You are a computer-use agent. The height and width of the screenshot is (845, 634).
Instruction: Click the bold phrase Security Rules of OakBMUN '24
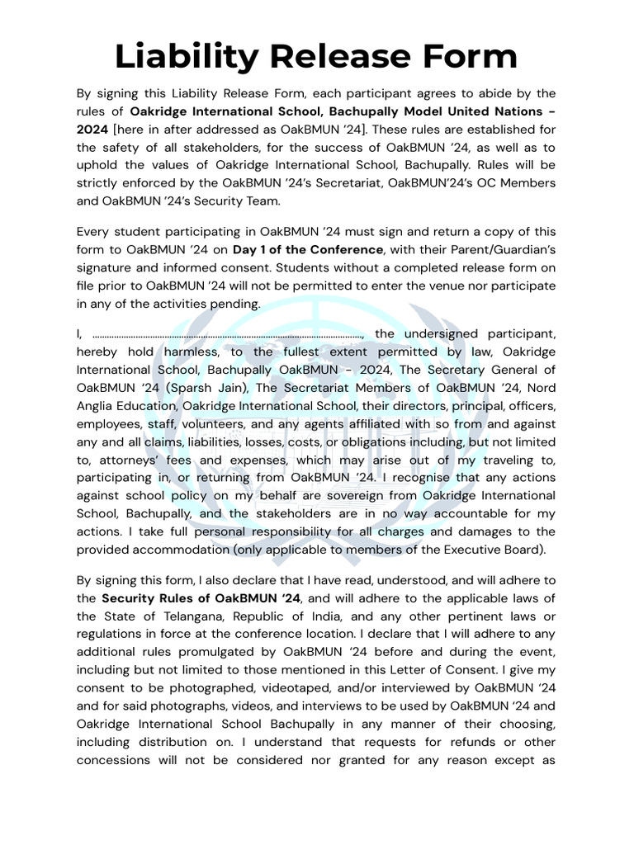[201, 597]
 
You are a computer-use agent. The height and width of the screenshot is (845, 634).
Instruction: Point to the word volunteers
[211, 423]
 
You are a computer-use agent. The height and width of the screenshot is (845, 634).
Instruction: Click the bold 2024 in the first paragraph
[93, 129]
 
